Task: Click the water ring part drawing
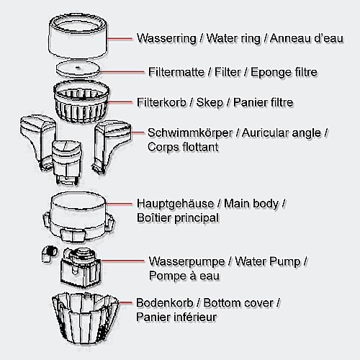pyautogui.click(x=78, y=37)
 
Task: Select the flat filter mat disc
pyautogui.click(x=78, y=68)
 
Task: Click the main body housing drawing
pyautogui.click(x=78, y=216)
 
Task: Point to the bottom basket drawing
pyautogui.click(x=85, y=318)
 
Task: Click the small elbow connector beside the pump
pyautogui.click(x=49, y=254)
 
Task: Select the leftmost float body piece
pyautogui.click(x=37, y=142)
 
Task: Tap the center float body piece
pyautogui.click(x=67, y=162)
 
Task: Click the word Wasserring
pyautogui.click(x=166, y=38)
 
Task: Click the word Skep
pyautogui.click(x=210, y=103)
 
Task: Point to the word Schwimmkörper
pyautogui.click(x=190, y=133)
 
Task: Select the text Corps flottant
pyautogui.click(x=183, y=147)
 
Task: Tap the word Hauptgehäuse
pyautogui.click(x=175, y=204)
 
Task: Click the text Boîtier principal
pyautogui.click(x=178, y=218)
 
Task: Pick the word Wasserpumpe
pyautogui.click(x=186, y=261)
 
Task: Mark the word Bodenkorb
pyautogui.click(x=165, y=303)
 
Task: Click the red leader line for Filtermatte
pyautogui.click(x=122, y=71)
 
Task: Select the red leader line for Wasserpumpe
pyautogui.click(x=122, y=261)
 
